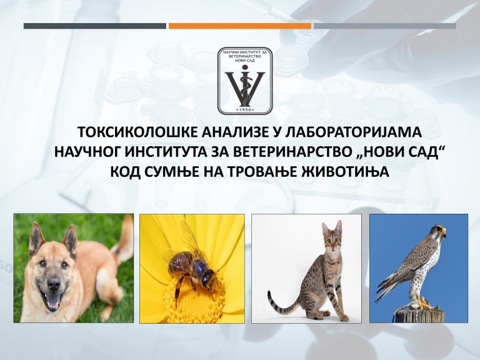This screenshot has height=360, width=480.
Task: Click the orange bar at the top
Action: click(240, 26)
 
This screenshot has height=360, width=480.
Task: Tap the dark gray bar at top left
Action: click(95, 26)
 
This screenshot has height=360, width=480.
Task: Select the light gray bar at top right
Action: click(385, 26)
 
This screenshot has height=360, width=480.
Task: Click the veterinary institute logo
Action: click(245, 81)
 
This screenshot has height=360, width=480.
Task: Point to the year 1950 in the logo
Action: click(245, 109)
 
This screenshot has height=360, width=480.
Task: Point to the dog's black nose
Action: click(54, 284)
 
